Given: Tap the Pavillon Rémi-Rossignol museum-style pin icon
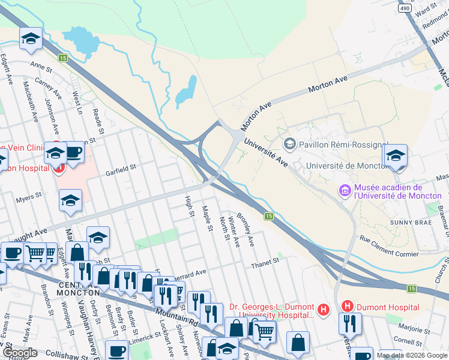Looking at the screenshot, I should [291, 143].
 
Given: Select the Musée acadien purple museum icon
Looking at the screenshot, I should [345, 191].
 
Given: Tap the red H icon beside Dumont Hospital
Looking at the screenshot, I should [347, 307].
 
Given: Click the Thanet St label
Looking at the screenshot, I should [265, 262].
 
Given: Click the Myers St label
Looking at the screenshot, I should [28, 196].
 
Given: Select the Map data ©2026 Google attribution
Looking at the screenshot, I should [411, 355].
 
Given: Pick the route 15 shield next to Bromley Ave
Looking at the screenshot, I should [269, 216].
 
